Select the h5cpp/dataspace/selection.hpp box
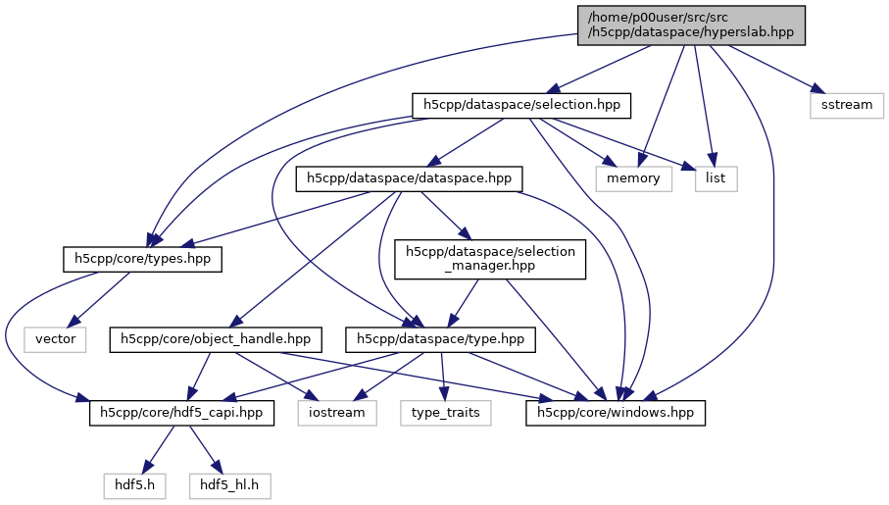519,104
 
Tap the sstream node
847,104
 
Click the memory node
633,178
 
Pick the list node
716,178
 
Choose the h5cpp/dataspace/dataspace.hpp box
409,178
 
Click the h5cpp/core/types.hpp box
143,259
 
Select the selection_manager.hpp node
491,259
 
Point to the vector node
55,339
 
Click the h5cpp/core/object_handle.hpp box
216,339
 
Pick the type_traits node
445,413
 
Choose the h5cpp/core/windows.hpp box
616,413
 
